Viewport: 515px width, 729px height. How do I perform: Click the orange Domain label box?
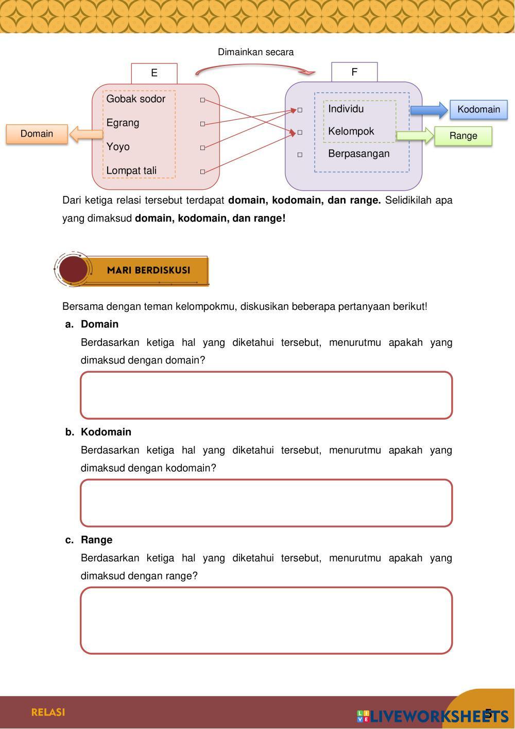(x=37, y=134)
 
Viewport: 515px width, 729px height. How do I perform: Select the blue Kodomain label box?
(x=478, y=109)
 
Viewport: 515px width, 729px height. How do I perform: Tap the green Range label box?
(x=463, y=136)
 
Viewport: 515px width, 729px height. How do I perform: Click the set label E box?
(x=154, y=73)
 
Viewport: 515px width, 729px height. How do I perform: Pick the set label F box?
(x=354, y=72)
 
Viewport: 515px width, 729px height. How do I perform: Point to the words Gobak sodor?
(x=135, y=99)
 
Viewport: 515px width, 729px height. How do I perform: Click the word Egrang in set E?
(x=123, y=123)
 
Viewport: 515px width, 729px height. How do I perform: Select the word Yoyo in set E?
(x=118, y=147)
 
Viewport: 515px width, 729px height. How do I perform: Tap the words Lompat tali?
(x=131, y=171)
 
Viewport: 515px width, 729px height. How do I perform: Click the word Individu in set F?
(x=346, y=109)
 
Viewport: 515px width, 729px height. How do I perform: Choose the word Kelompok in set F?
(x=351, y=131)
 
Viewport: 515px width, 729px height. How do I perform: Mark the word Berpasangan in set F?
(x=358, y=154)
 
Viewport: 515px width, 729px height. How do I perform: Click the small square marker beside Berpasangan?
(x=300, y=155)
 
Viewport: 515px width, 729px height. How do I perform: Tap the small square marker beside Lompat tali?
(x=202, y=172)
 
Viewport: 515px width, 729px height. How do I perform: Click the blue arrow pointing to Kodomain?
(x=428, y=110)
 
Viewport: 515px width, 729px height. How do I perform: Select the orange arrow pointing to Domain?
(x=85, y=135)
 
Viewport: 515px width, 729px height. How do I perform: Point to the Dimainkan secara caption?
(x=255, y=52)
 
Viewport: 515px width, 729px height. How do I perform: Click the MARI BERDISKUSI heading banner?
(x=148, y=270)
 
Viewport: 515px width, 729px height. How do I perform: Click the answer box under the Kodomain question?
(x=266, y=503)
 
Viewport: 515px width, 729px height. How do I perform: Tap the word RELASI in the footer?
(x=48, y=713)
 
